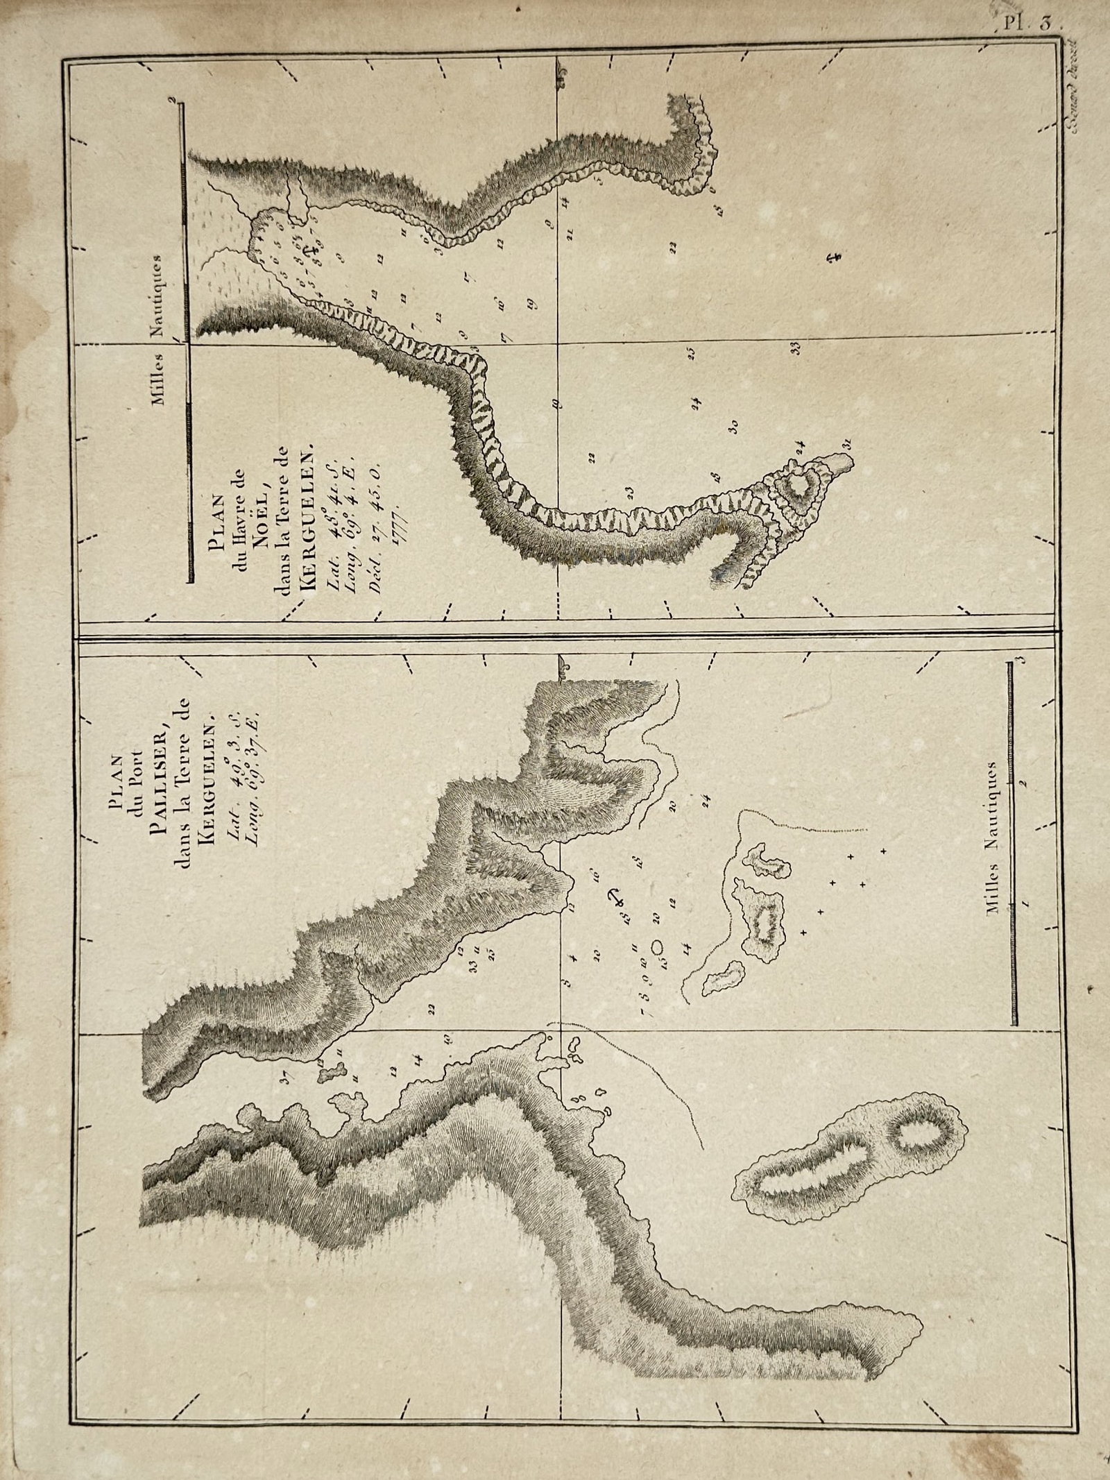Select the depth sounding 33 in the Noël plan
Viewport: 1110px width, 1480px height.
[797, 348]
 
